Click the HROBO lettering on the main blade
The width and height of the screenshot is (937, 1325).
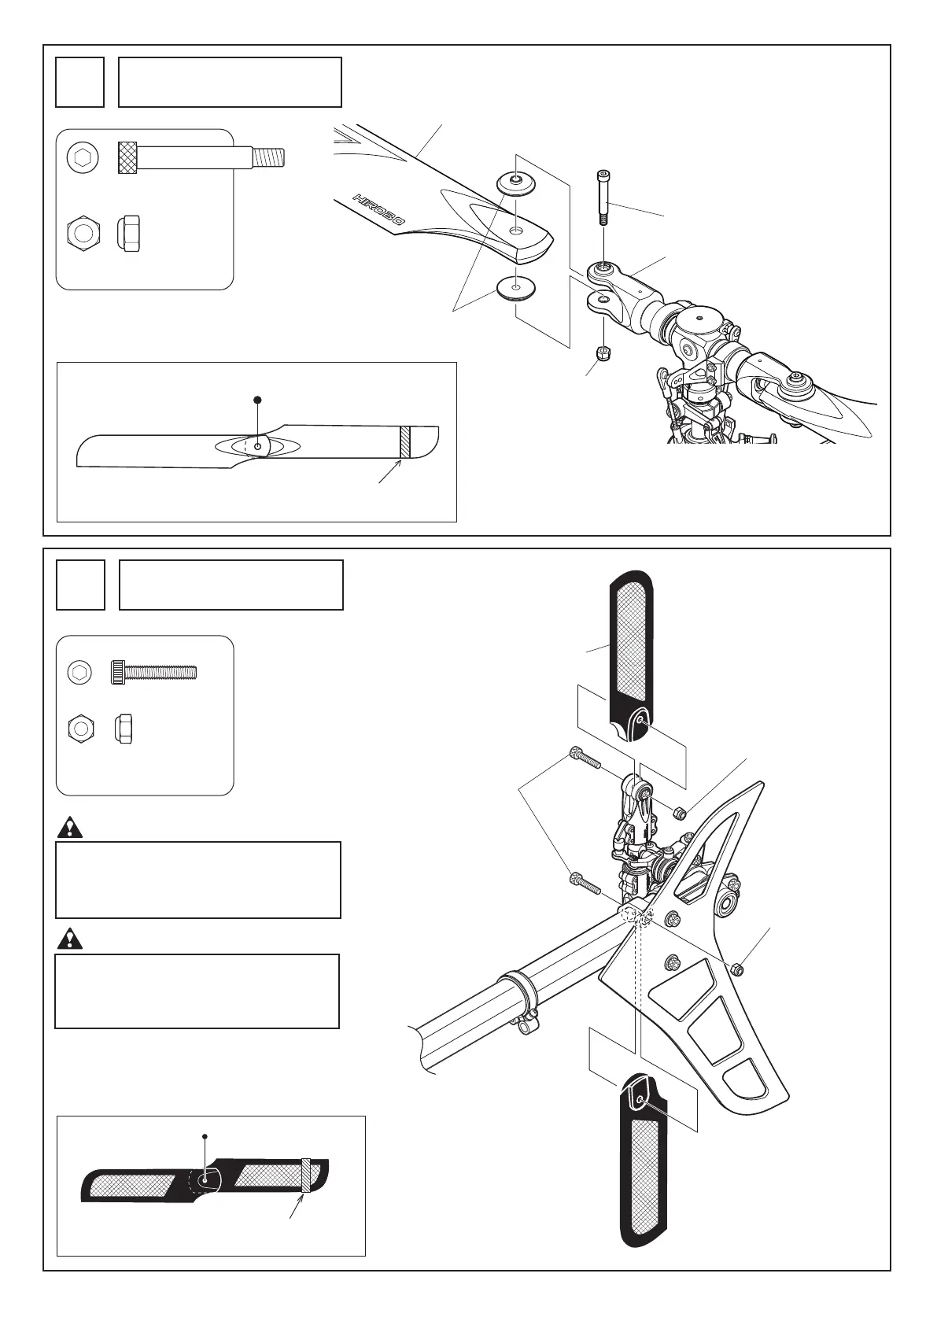378,210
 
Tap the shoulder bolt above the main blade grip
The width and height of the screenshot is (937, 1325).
603,196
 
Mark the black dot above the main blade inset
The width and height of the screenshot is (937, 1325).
256,400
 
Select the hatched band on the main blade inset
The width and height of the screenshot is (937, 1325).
404,443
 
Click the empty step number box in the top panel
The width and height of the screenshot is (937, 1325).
79,82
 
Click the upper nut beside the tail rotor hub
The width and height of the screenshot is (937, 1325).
681,812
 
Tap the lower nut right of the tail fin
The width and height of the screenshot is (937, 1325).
736,969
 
